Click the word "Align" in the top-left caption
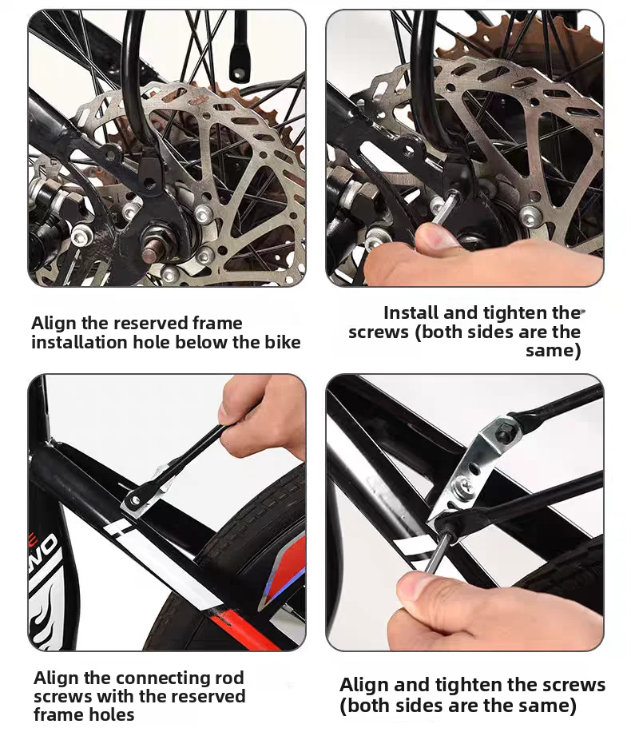click(54, 324)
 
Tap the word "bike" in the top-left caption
click(282, 343)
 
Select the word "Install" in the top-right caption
click(411, 313)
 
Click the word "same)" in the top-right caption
click(554, 351)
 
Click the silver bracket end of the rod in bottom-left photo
click(141, 493)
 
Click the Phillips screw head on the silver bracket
click(464, 484)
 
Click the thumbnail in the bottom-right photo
click(411, 588)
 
